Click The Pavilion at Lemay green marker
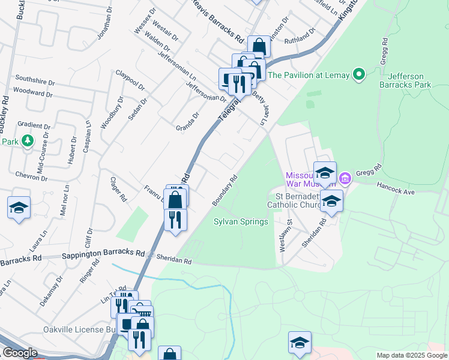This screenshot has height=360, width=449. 359,75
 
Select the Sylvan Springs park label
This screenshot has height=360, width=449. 241,222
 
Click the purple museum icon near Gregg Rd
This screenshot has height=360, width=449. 345,178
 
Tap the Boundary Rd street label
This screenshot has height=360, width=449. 226,190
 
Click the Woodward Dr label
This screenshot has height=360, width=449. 33,92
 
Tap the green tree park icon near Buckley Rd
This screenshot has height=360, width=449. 27,140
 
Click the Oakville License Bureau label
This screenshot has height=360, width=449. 78,329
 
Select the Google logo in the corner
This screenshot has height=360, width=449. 20,353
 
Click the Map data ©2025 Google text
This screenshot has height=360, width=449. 412,355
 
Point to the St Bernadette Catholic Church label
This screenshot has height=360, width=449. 298,202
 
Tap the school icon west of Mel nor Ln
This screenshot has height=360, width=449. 19,208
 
